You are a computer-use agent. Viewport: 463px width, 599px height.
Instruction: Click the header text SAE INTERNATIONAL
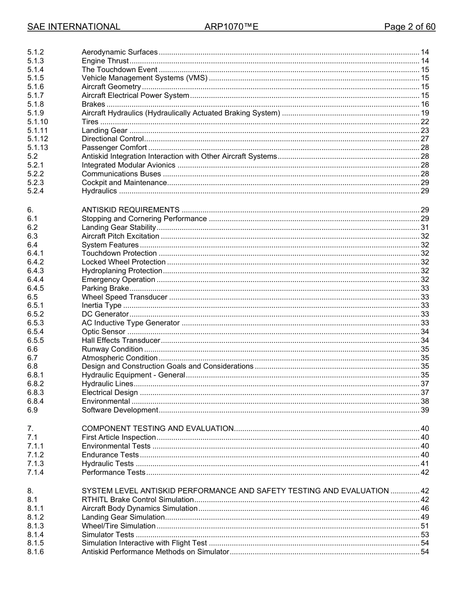[74, 27]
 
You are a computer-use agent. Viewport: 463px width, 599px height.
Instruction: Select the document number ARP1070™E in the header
[231, 27]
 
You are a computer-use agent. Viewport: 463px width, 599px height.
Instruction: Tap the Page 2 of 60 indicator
[409, 27]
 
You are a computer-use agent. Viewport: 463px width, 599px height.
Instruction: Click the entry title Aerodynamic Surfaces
[119, 52]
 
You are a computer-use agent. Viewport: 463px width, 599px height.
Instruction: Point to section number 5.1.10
[38, 122]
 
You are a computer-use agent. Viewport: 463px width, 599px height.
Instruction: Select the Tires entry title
[90, 122]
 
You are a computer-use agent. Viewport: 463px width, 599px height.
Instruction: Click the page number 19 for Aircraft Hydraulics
[424, 113]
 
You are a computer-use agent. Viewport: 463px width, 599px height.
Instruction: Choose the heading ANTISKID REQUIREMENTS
[130, 210]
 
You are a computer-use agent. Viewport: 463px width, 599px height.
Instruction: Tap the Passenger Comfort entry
[114, 148]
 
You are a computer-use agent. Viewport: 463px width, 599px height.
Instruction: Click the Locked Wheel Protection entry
[123, 262]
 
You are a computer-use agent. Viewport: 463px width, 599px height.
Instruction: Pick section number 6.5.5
[36, 340]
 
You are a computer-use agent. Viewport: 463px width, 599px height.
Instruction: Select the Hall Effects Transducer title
[121, 340]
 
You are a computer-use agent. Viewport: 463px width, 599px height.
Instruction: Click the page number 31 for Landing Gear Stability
[424, 227]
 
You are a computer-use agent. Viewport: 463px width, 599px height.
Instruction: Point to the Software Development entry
[119, 410]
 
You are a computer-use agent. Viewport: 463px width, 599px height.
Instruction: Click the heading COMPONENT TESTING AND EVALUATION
[157, 429]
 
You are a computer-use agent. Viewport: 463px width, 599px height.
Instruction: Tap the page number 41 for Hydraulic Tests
[424, 464]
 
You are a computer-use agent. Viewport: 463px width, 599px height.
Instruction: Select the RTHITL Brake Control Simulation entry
[137, 500]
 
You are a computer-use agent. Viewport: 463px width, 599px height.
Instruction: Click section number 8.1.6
[36, 552]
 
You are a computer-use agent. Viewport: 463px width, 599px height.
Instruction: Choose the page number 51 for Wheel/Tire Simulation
[424, 526]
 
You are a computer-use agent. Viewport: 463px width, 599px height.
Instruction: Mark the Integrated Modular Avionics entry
[128, 165]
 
